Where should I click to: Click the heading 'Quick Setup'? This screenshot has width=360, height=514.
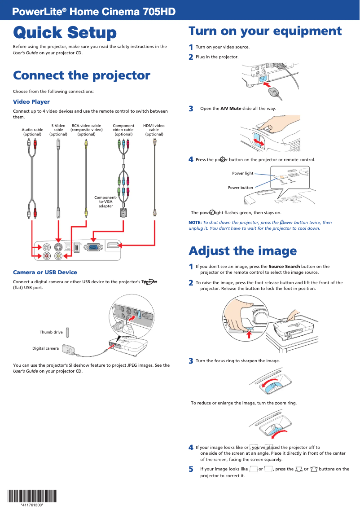tap(65, 33)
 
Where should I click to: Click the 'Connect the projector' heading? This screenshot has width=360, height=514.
tap(81, 75)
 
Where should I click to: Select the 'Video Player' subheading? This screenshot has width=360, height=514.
tap(31, 102)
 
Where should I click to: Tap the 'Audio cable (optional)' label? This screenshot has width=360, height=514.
tap(32, 132)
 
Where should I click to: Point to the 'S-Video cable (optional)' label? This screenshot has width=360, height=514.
tap(58, 130)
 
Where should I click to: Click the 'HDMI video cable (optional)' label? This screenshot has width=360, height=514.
tap(154, 130)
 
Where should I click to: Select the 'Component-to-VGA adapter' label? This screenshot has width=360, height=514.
tap(105, 202)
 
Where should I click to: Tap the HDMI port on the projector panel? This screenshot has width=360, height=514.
tap(114, 245)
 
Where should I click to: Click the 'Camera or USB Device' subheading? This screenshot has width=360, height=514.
tap(45, 272)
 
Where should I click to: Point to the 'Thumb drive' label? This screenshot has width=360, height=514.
tap(51, 332)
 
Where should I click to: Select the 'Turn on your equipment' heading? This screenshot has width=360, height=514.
tap(265, 31)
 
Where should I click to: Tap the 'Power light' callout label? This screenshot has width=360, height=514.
tap(242, 173)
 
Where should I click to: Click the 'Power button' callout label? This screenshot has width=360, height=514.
tap(240, 188)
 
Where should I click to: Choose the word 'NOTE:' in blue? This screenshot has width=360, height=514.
tap(195, 223)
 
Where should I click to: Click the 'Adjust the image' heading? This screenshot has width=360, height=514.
tap(242, 250)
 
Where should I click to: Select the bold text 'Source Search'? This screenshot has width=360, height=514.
tap(284, 267)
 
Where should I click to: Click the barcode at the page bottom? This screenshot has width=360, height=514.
tap(32, 496)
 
